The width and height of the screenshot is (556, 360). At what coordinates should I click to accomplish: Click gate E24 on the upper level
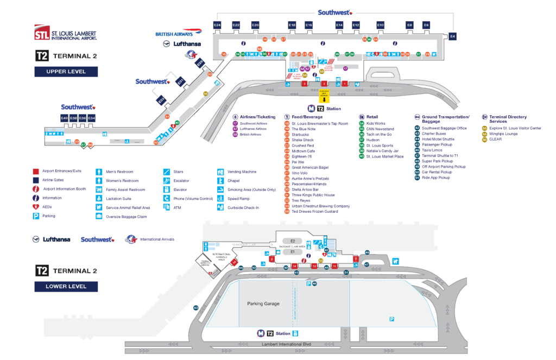[x=218, y=26]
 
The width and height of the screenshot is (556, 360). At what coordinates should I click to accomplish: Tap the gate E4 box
[x=452, y=36]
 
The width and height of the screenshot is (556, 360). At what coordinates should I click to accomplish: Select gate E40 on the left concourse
[x=64, y=118]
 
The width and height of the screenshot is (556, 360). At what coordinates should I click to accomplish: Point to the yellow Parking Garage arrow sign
[x=324, y=96]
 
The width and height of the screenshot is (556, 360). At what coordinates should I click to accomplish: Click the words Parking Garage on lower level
[x=263, y=304]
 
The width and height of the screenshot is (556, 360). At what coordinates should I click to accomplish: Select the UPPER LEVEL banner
[x=66, y=71]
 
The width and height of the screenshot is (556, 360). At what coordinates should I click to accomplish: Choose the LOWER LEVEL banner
[x=66, y=286]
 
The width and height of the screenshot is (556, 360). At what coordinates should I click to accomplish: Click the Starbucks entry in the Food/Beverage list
[x=302, y=135]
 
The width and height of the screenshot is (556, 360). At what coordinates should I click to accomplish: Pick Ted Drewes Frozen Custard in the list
[x=314, y=212]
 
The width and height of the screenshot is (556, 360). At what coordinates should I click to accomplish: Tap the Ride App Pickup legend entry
[x=436, y=178]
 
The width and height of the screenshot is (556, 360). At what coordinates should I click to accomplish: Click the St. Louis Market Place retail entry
[x=384, y=156]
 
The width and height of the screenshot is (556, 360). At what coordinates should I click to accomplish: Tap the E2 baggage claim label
[x=293, y=241]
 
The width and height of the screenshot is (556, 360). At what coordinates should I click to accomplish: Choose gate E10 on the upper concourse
[x=381, y=26]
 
